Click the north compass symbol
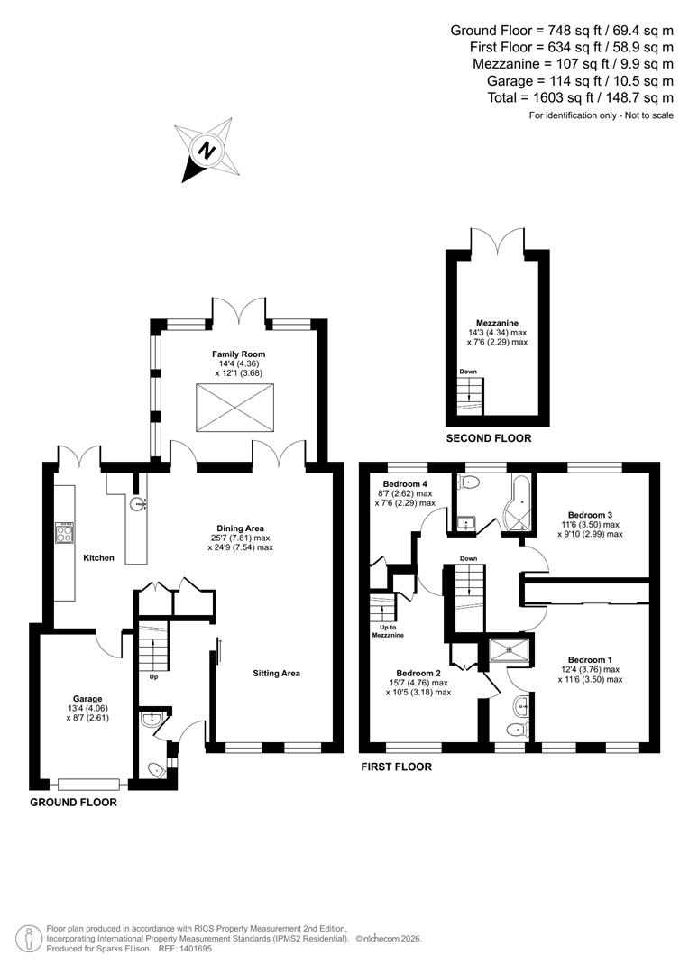pyautogui.click(x=209, y=151)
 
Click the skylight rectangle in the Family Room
pyautogui.click(x=234, y=407)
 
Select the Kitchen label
pyautogui.click(x=98, y=558)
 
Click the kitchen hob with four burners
pyautogui.click(x=66, y=532)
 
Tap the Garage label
pyautogui.click(x=87, y=699)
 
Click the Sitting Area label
pyautogui.click(x=276, y=673)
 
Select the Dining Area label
pyautogui.click(x=240, y=528)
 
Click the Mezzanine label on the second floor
pyautogui.click(x=498, y=322)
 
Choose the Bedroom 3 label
pyautogui.click(x=587, y=514)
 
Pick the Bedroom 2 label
pyautogui.click(x=418, y=673)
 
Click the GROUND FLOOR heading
pyautogui.click(x=73, y=802)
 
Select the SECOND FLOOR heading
pyautogui.click(x=489, y=438)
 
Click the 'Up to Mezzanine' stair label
pyautogui.click(x=389, y=630)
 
